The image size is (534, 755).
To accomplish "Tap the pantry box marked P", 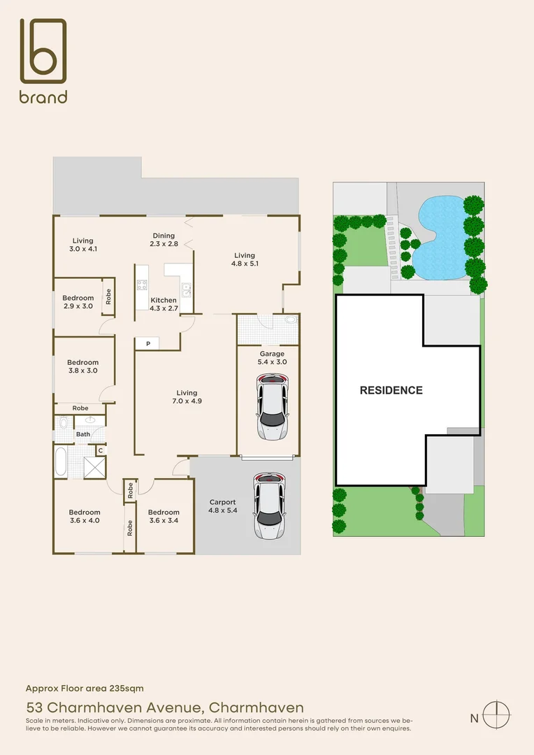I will (147, 343).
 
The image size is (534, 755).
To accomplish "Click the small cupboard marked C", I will (101, 451).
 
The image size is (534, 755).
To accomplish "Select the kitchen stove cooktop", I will (143, 285).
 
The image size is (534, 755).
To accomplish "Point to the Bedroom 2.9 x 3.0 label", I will (78, 302).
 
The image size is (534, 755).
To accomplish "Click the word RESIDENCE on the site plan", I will (391, 390).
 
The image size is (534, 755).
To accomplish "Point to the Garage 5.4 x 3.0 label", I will (272, 358).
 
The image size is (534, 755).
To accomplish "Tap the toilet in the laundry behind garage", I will (290, 321).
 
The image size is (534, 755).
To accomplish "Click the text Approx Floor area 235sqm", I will (85, 689).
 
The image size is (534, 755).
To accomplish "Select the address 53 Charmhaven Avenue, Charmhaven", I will (165, 707).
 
